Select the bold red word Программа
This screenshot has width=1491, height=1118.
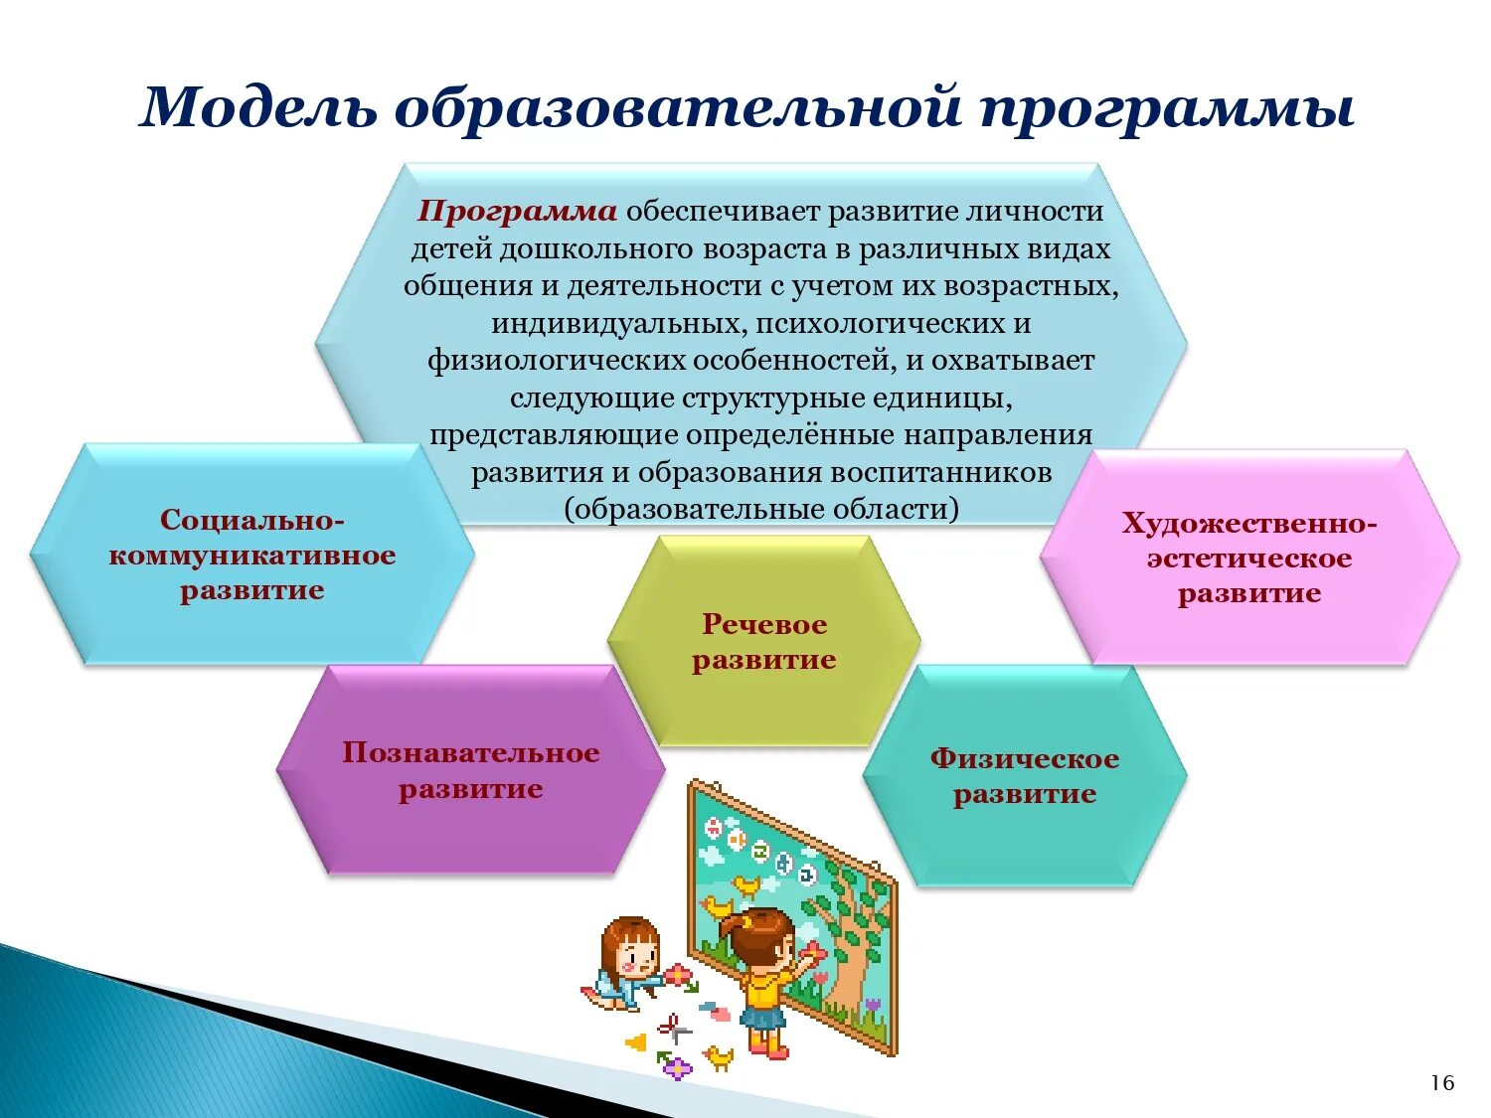pyautogui.click(x=517, y=212)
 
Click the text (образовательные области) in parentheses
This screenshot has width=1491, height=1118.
pyautogui.click(x=761, y=510)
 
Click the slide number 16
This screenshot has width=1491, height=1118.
pyautogui.click(x=1442, y=1083)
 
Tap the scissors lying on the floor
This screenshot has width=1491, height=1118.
pyautogui.click(x=673, y=1029)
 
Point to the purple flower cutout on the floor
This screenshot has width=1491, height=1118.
pyautogui.click(x=677, y=1068)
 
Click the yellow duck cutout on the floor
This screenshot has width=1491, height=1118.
pyautogui.click(x=718, y=1057)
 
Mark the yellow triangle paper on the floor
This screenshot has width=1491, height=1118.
pyautogui.click(x=635, y=1042)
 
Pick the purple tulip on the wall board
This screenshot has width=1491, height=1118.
pyautogui.click(x=873, y=1006)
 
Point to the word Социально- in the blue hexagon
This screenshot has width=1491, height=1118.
pyautogui.click(x=252, y=520)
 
